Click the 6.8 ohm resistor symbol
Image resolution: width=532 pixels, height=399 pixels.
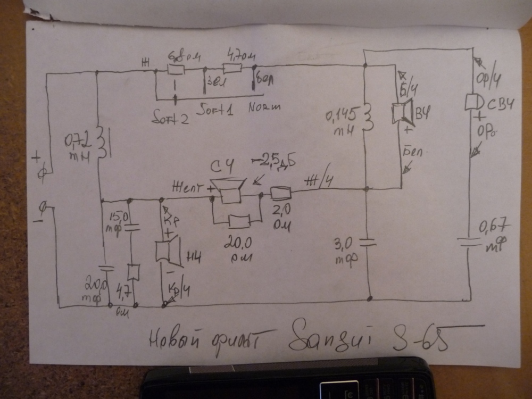coord(176,70)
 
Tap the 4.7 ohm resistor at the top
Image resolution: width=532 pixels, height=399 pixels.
coord(231,69)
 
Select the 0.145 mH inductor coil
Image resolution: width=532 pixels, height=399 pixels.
coord(368,118)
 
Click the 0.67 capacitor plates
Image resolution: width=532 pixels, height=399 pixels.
coord(470,242)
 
